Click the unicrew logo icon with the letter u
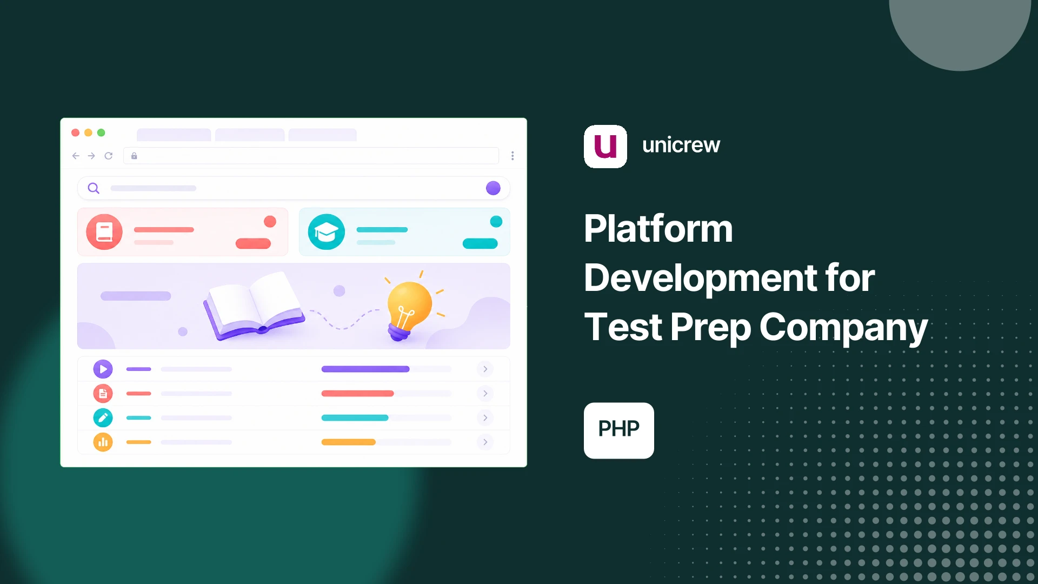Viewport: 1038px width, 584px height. tap(605, 147)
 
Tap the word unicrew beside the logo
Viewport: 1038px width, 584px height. tap(681, 145)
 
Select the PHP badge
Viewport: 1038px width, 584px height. tap(619, 430)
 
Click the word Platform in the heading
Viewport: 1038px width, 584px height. tap(658, 229)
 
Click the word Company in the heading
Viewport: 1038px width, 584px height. tap(843, 328)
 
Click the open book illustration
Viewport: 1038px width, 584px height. tap(254, 306)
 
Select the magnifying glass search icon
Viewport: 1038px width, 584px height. tap(94, 188)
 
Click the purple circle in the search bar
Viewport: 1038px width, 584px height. tap(493, 188)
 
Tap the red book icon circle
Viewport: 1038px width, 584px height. tap(104, 232)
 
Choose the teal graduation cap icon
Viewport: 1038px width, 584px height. tap(327, 232)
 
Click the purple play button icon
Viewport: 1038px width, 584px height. tap(103, 369)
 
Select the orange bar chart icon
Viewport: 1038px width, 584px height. tap(103, 442)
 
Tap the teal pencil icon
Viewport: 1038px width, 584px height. tap(103, 418)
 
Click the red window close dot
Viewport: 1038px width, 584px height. tap(76, 132)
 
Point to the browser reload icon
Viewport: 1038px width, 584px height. tap(109, 156)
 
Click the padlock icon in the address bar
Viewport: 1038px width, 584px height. tap(134, 156)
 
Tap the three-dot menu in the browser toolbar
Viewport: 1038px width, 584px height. tap(513, 156)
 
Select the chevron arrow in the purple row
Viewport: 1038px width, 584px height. tap(485, 369)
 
